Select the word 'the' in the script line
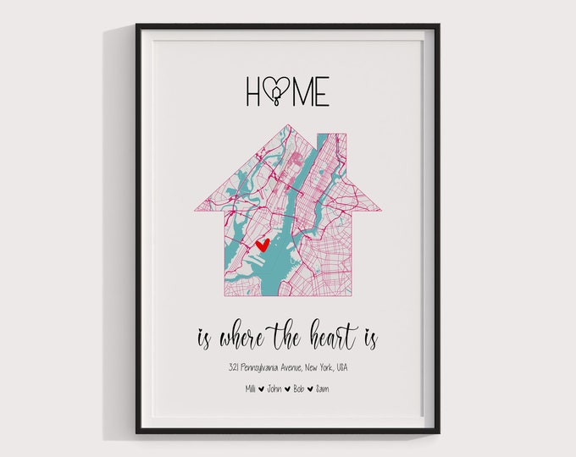(293, 339)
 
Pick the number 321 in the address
(233, 367)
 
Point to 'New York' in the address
(326, 367)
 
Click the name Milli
(249, 388)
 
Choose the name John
(274, 388)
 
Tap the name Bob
(298, 388)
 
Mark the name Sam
(324, 388)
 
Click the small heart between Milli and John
(261, 389)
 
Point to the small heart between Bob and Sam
(311, 389)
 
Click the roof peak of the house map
(288, 127)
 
